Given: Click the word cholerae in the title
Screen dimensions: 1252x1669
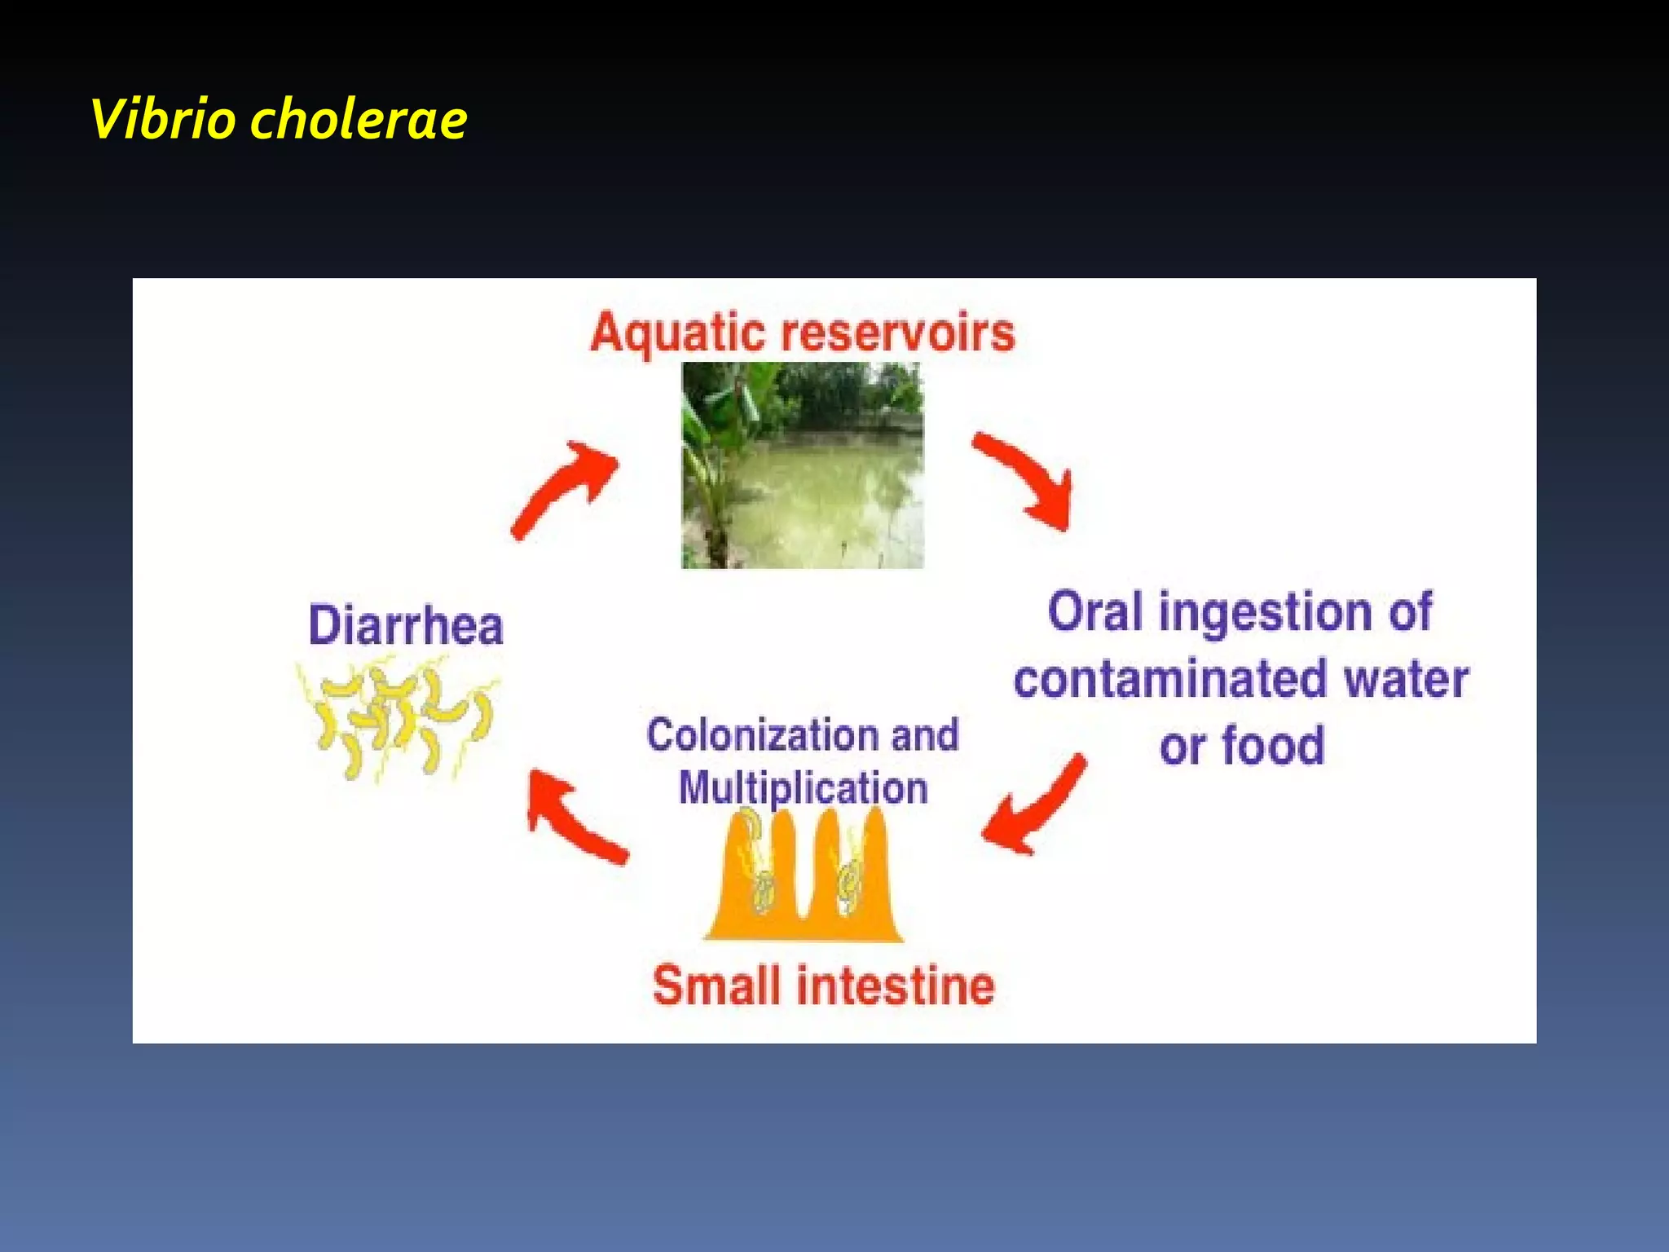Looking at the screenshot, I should pos(359,119).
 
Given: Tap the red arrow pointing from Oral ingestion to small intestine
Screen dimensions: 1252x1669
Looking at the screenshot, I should pos(1035,807).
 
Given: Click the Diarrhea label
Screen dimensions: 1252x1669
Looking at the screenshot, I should pos(406,626).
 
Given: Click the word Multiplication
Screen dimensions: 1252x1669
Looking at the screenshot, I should pos(804,788).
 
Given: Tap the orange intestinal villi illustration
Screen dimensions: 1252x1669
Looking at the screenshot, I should pos(804,880).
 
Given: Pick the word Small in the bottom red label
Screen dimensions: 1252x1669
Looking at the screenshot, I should pos(717,985).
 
